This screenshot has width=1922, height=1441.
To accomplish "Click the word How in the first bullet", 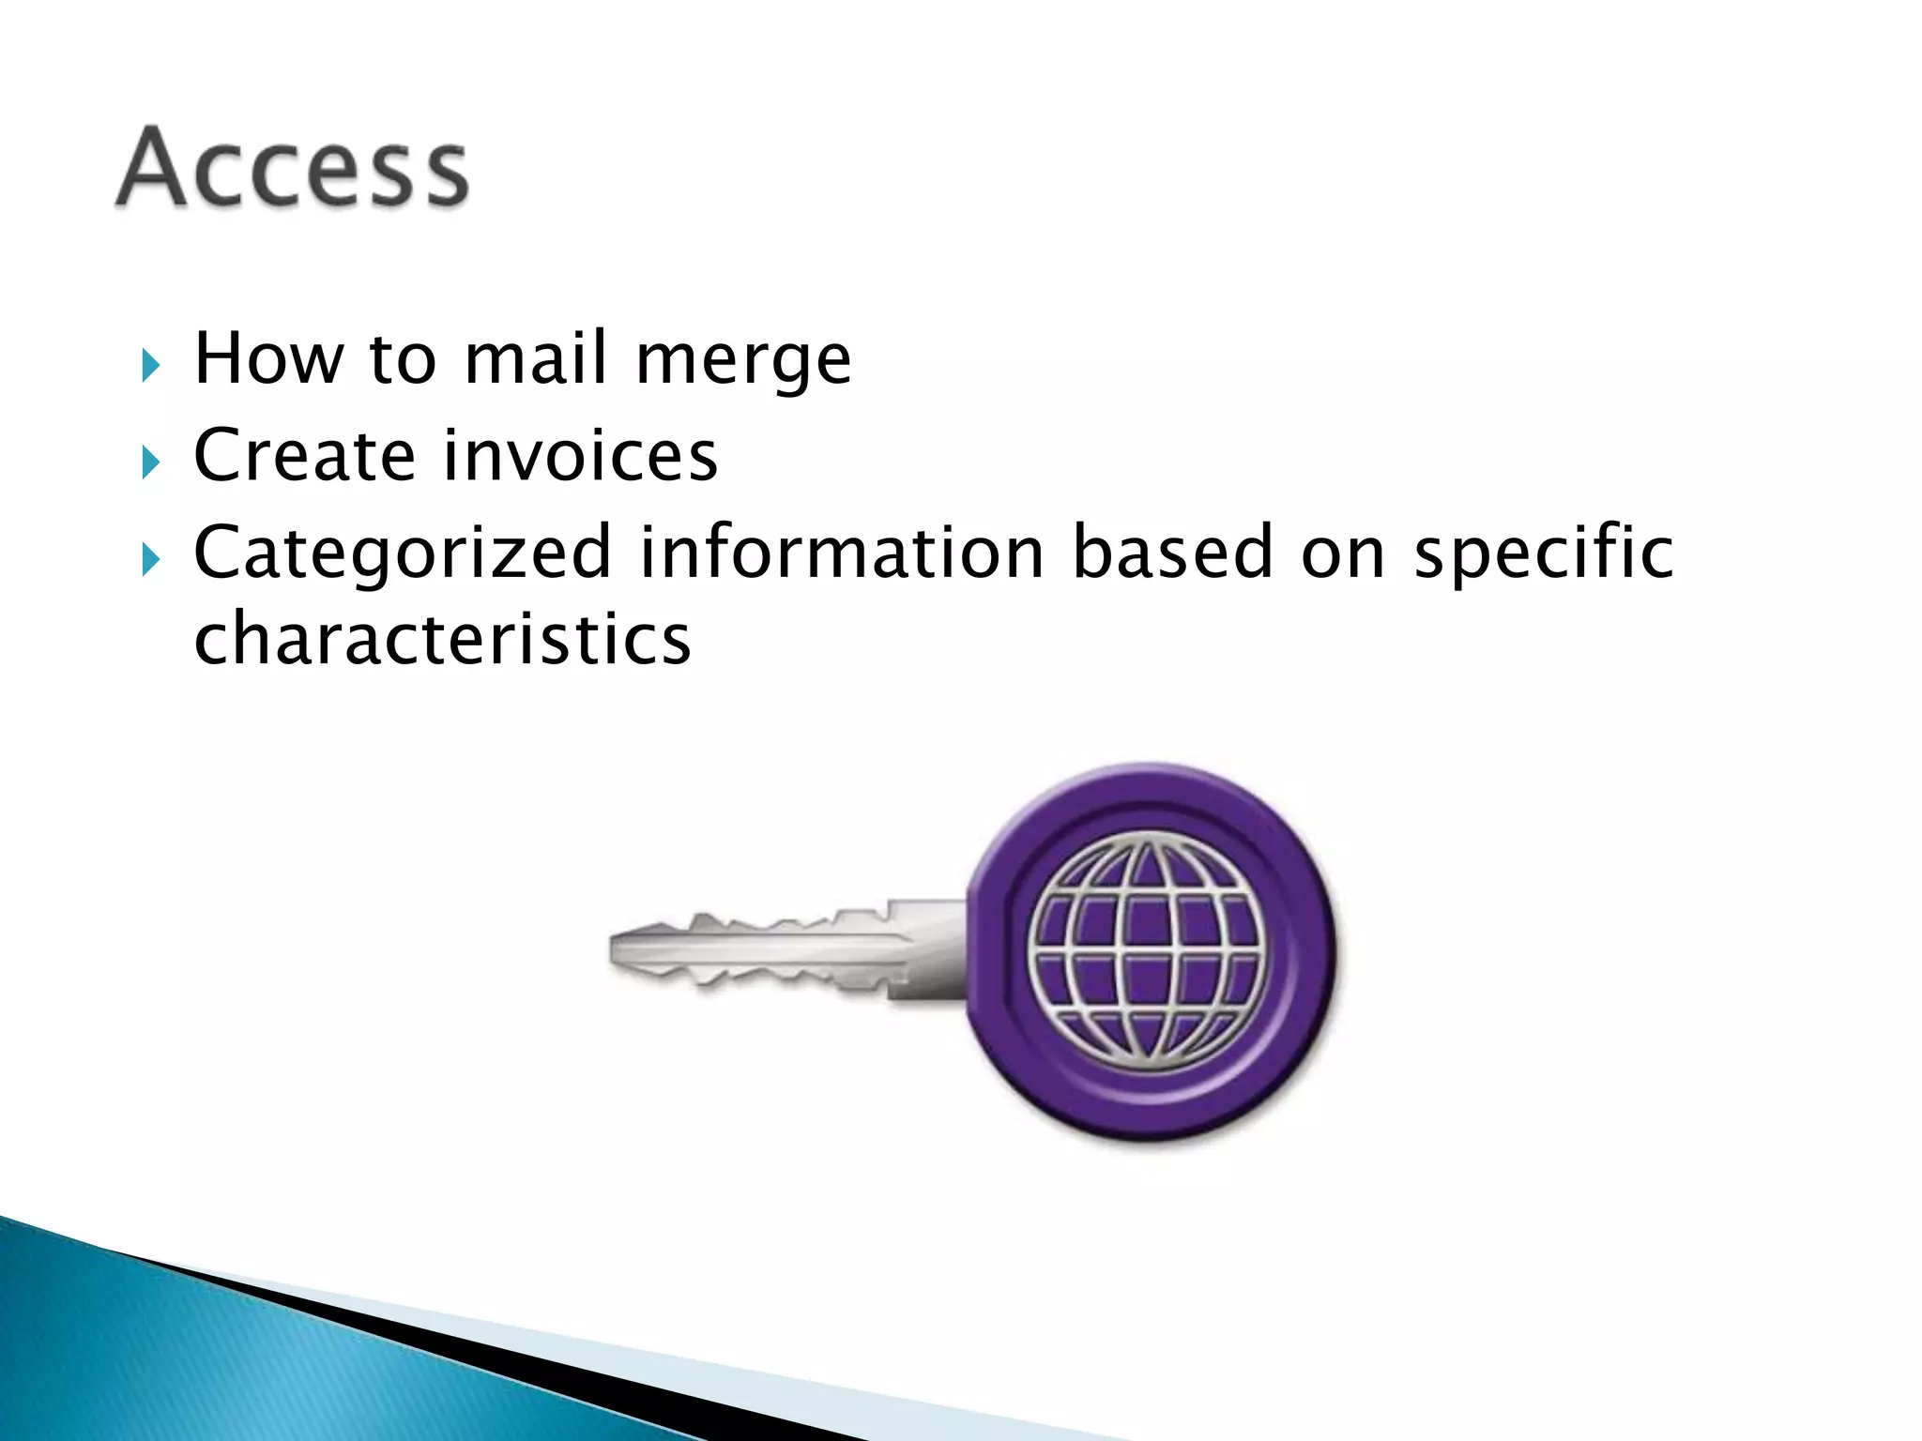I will point(268,358).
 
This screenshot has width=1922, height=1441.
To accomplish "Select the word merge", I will point(743,362).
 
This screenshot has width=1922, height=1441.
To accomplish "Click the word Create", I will point(304,456).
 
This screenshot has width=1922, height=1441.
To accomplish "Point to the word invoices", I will point(580,456).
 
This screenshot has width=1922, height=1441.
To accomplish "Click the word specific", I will point(1543,554).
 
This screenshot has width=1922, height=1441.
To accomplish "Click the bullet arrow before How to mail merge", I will point(150,365).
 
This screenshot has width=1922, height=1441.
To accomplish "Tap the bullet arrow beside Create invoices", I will point(150,463).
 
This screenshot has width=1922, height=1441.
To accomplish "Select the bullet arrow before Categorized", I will point(150,560).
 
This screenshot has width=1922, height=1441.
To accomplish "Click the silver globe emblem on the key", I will point(1148,952).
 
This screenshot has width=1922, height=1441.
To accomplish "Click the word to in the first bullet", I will point(404,360).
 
